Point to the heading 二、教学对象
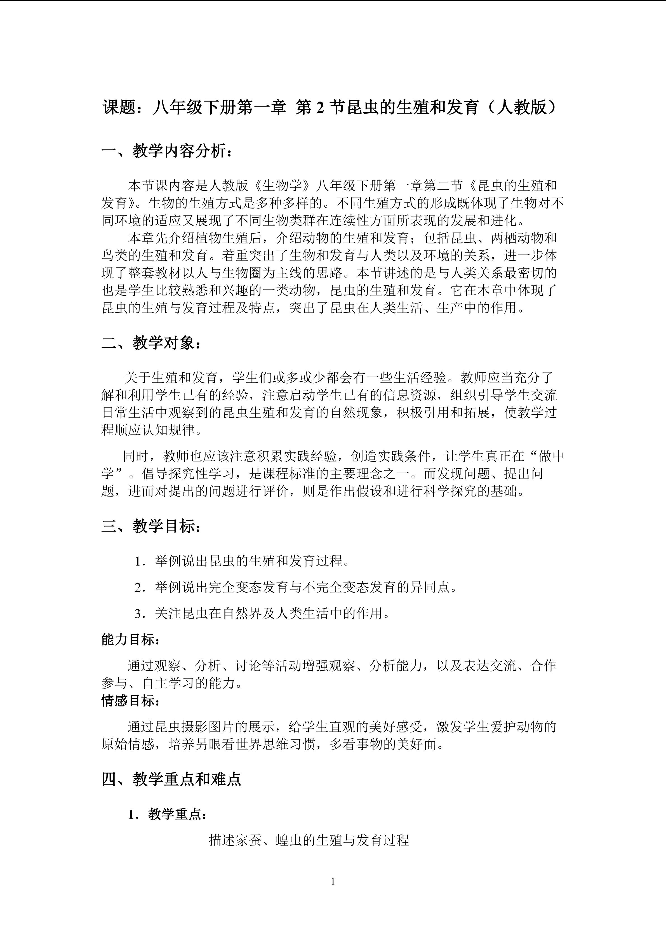tap(152, 342)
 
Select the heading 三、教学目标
tap(152, 526)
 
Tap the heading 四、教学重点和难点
tap(171, 779)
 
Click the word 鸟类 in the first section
tap(115, 256)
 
